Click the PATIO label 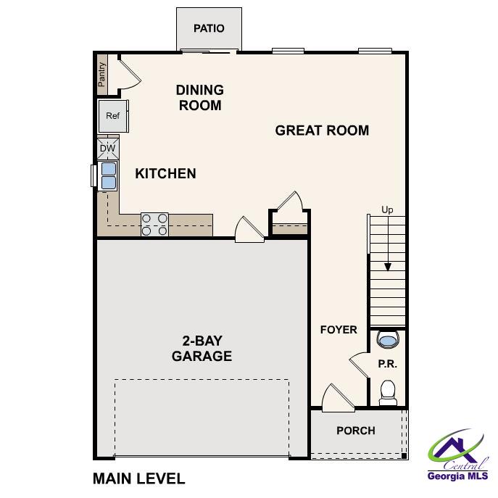(209, 28)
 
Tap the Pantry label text (102, 73)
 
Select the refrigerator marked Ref (113, 116)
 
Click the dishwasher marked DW (107, 149)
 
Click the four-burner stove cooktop (154, 224)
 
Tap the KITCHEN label (165, 173)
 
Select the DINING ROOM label (200, 97)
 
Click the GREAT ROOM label (322, 130)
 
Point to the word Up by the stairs (388, 210)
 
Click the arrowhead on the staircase (388, 266)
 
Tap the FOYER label (339, 330)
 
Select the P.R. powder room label (388, 364)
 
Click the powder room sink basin (388, 339)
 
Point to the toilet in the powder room (388, 391)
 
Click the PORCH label (356, 431)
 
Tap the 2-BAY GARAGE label (202, 349)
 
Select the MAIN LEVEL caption (139, 478)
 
